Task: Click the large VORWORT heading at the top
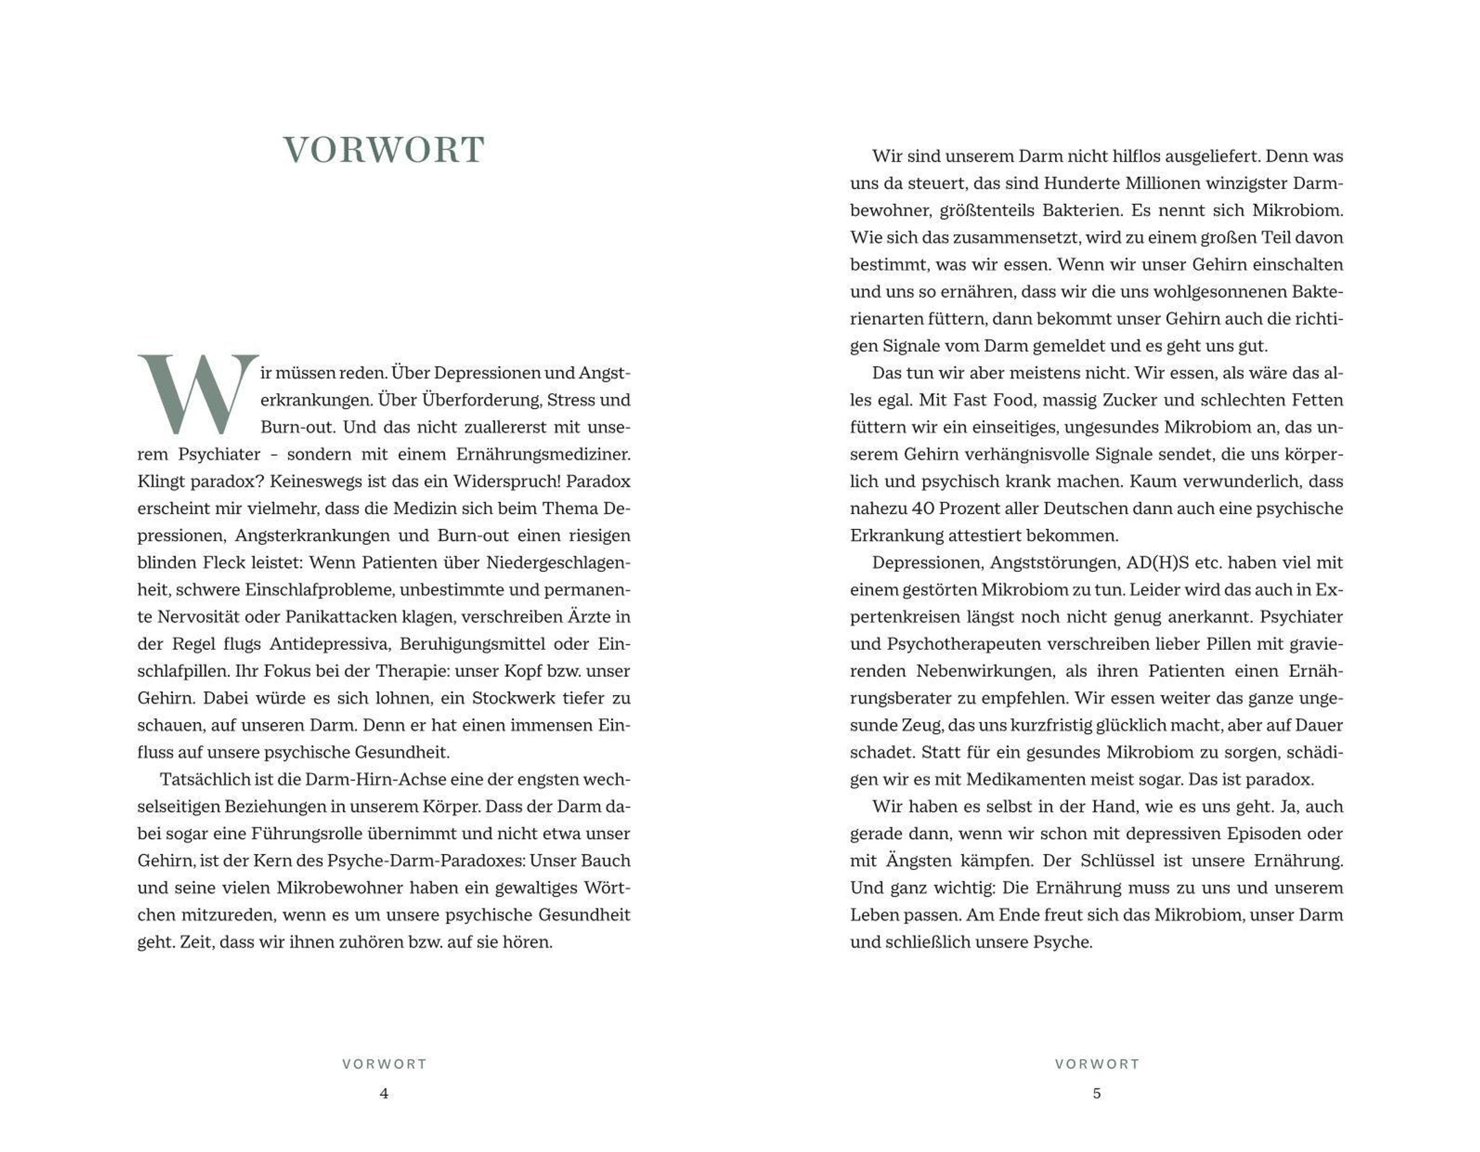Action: click(x=384, y=150)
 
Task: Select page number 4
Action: click(x=384, y=1093)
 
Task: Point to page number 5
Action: click(x=1096, y=1093)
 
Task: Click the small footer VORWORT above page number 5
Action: click(x=1097, y=1064)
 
